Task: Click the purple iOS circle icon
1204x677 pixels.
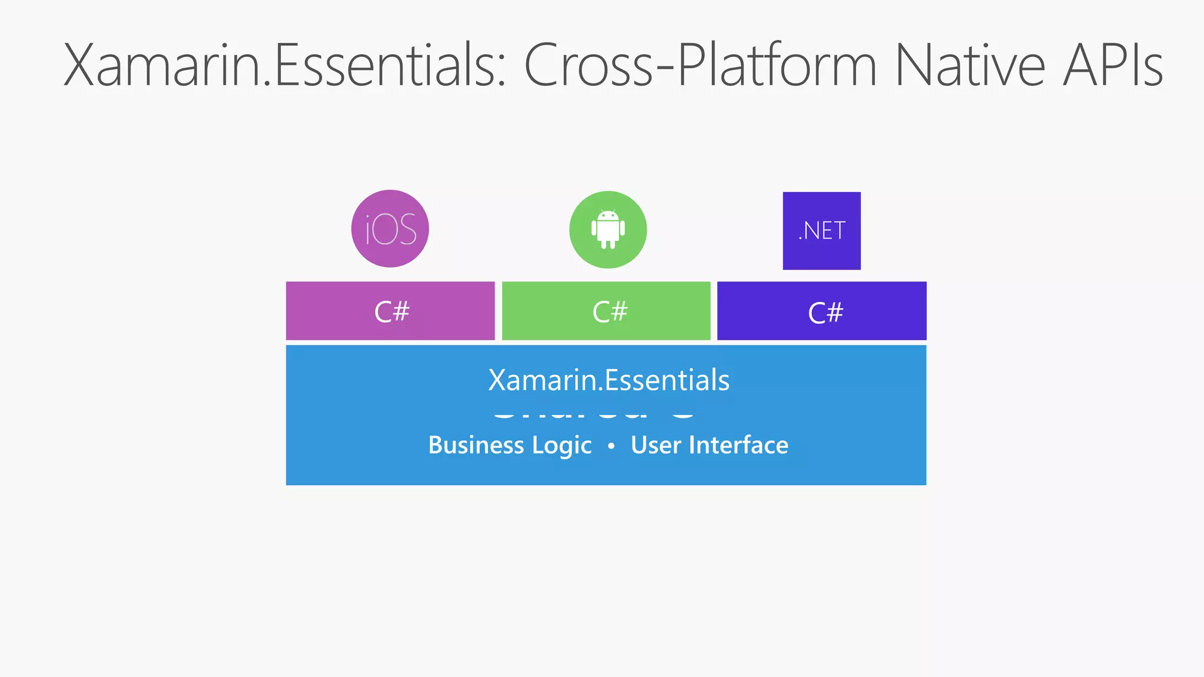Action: [x=390, y=229]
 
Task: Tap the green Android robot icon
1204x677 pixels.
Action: [x=608, y=229]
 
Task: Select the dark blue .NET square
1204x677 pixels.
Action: [x=821, y=230]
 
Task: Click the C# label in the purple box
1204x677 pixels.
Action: [x=392, y=311]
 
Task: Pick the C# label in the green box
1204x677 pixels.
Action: [x=610, y=311]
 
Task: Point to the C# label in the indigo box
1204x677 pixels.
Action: [x=825, y=313]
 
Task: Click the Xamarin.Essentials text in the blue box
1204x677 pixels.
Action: [x=608, y=380]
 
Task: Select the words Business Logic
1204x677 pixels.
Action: [x=510, y=445]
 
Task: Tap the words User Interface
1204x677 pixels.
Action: [x=709, y=445]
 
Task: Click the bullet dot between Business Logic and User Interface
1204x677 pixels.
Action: [x=611, y=447]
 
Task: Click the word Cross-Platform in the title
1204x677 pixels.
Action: [x=700, y=65]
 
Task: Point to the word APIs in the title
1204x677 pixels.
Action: [x=1113, y=65]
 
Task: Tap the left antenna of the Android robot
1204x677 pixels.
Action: [x=601, y=210]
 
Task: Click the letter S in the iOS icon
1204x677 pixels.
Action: [x=406, y=229]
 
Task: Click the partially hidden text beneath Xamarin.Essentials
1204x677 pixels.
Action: [x=594, y=413]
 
